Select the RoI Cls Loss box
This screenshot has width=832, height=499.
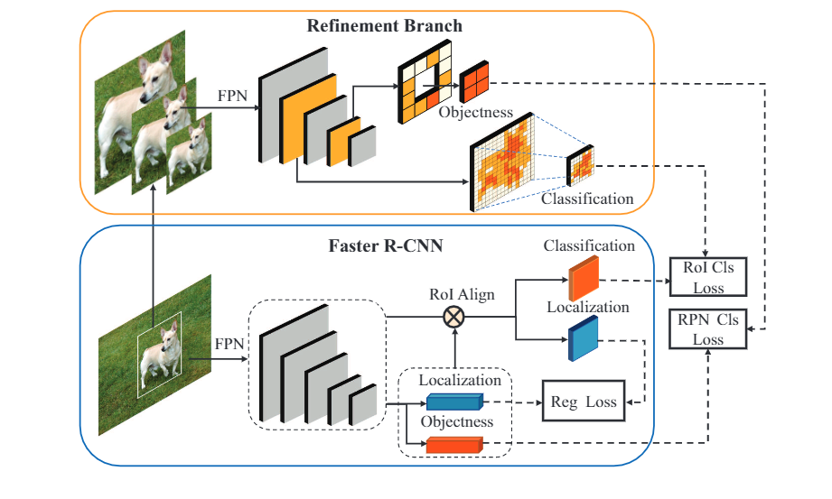pyautogui.click(x=709, y=277)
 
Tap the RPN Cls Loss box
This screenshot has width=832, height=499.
pyautogui.click(x=709, y=329)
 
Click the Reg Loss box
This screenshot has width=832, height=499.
pyautogui.click(x=583, y=402)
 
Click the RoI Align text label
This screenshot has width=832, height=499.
pyautogui.click(x=462, y=294)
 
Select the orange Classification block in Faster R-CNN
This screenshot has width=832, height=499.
pyautogui.click(x=583, y=278)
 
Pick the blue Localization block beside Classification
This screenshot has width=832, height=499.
pyautogui.click(x=583, y=339)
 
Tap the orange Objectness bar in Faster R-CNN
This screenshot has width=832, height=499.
pyautogui.click(x=455, y=443)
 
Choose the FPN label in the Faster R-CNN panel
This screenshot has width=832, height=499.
pyautogui.click(x=229, y=344)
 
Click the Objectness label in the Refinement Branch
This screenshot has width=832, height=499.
pyautogui.click(x=475, y=114)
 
